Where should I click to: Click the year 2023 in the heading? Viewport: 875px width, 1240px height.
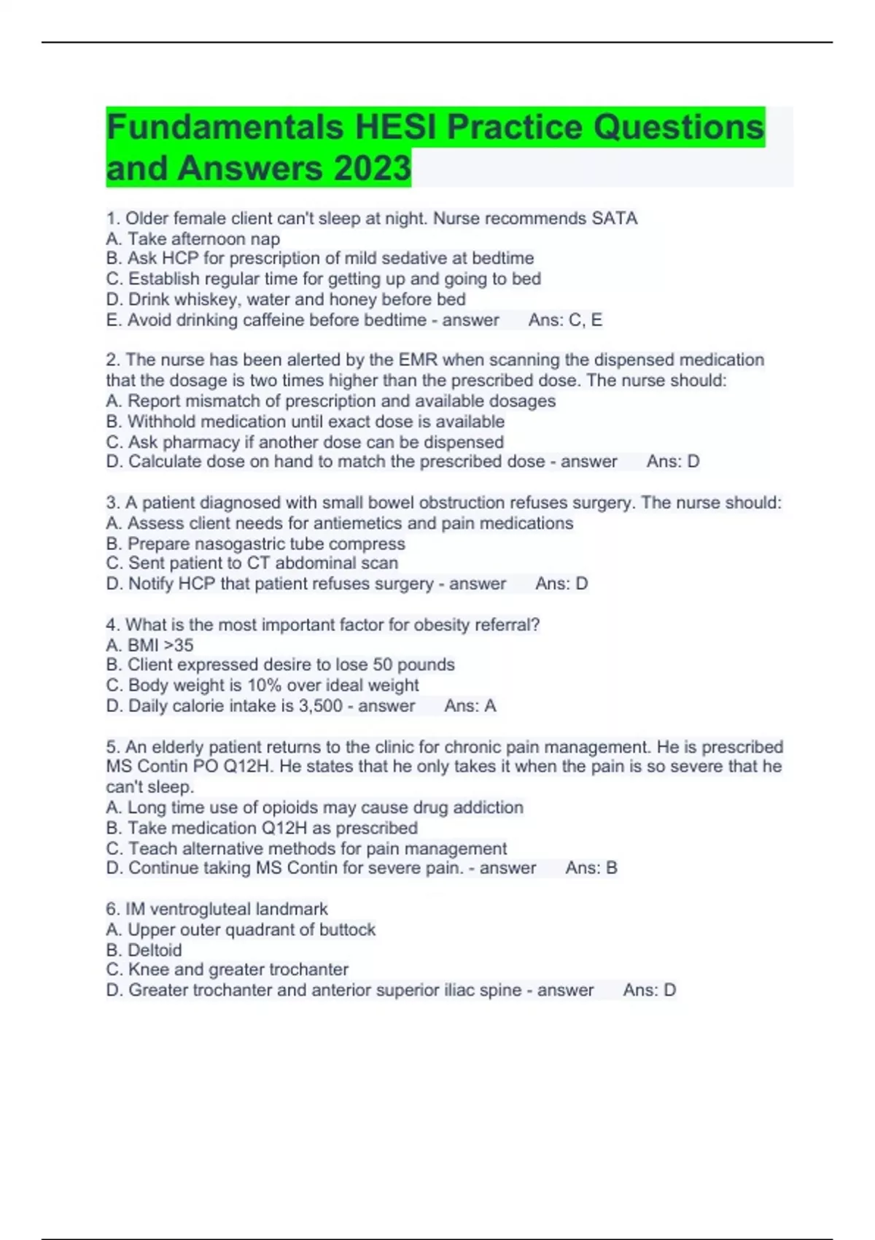tap(373, 168)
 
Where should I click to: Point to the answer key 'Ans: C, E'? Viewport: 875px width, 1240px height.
tap(565, 319)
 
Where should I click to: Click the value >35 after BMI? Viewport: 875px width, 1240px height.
tap(179, 645)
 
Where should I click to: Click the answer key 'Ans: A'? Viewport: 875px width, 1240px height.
tap(470, 705)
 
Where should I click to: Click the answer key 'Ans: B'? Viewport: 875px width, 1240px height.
tap(591, 868)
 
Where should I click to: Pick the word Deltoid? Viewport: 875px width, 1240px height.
tap(155, 950)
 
